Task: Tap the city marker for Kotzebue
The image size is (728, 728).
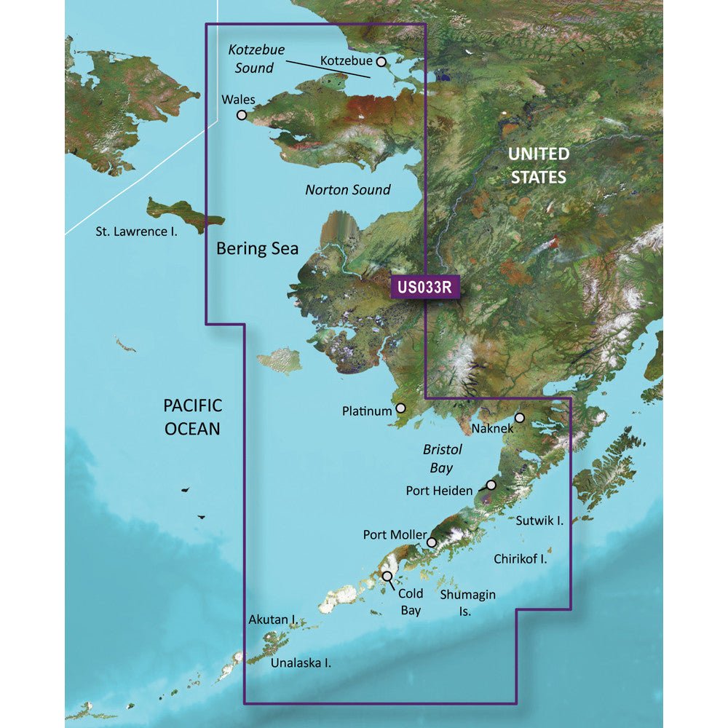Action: pyautogui.click(x=381, y=63)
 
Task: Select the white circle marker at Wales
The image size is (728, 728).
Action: pyautogui.click(x=241, y=115)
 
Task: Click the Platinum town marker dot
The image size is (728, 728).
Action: pyautogui.click(x=400, y=410)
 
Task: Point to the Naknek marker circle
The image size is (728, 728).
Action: pyautogui.click(x=520, y=418)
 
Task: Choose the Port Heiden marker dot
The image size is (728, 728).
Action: pyautogui.click(x=491, y=485)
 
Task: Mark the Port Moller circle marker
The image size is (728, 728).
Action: pyautogui.click(x=432, y=542)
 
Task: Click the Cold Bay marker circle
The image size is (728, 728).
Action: pyautogui.click(x=387, y=576)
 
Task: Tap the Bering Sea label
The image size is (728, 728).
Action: pyautogui.click(x=257, y=248)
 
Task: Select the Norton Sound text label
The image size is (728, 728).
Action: pyautogui.click(x=347, y=190)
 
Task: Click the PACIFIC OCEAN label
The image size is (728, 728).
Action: pyautogui.click(x=191, y=417)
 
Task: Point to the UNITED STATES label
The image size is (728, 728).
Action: pyautogui.click(x=537, y=165)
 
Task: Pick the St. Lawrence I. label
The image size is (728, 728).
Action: pyautogui.click(x=136, y=232)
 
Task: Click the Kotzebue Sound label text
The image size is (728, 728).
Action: pyautogui.click(x=255, y=59)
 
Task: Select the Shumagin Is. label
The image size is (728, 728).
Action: pyautogui.click(x=467, y=603)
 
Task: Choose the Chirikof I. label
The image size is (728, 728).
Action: pyautogui.click(x=520, y=559)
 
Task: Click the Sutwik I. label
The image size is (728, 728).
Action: pyautogui.click(x=540, y=521)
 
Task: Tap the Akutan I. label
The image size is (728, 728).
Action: pyautogui.click(x=272, y=620)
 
